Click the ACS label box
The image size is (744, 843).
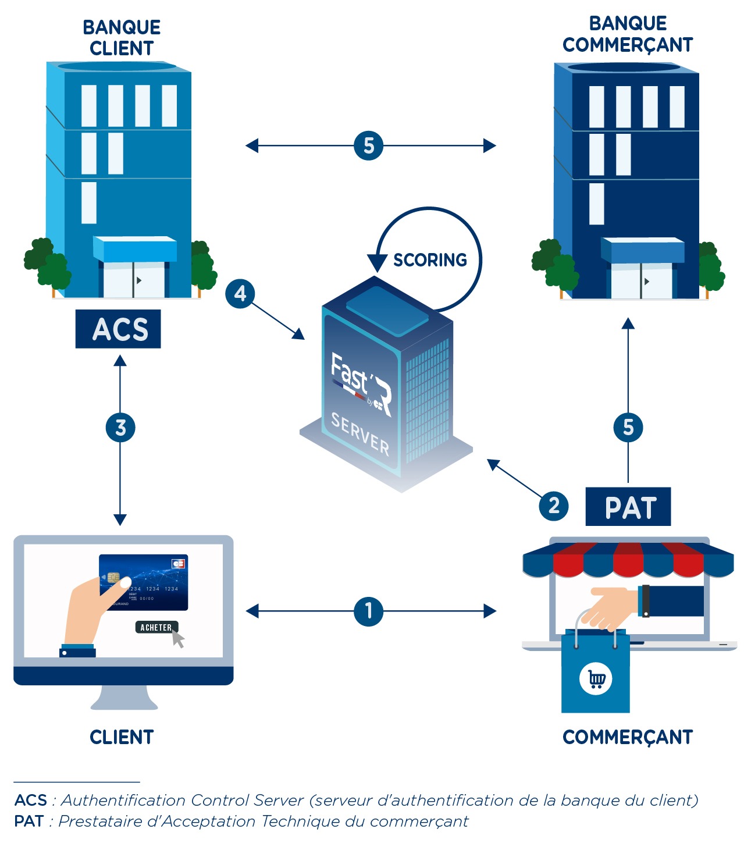pos(118,329)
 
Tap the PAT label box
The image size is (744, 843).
pos(628,507)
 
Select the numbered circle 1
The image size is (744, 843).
pos(368,611)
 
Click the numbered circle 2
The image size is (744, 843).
pos(554,506)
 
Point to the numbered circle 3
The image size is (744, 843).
pos(120,428)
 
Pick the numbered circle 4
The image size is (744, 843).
pos(240,294)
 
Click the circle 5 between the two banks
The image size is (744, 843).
pos(368,145)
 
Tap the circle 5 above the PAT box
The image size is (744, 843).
pos(628,428)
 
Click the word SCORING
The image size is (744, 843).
pos(430,260)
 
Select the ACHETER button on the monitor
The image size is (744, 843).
pos(156,627)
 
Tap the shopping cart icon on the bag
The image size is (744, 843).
pos(596,679)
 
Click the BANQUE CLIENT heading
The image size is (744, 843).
pos(122,38)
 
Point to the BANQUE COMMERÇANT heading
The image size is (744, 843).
pos(628,34)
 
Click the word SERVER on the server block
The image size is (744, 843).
pos(360,434)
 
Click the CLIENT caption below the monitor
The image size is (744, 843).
pos(122,737)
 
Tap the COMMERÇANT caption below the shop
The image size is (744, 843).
pos(628,737)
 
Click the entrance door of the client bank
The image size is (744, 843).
pos(134,280)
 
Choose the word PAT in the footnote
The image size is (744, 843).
pos(29,821)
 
